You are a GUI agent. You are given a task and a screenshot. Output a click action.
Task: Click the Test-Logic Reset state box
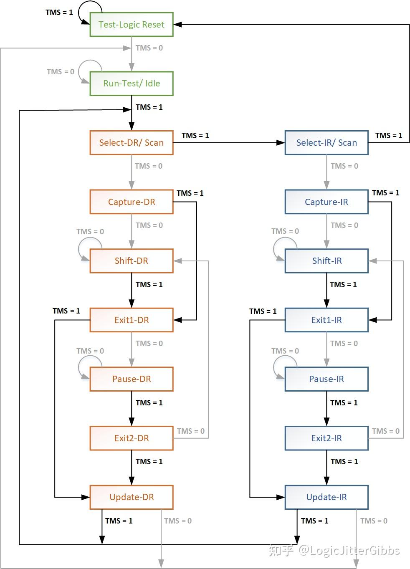(132, 25)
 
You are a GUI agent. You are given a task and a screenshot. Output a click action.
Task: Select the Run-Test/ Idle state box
(132, 83)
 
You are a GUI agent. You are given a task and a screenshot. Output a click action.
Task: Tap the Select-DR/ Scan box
(132, 143)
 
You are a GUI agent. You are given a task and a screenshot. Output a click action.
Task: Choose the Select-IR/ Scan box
(326, 143)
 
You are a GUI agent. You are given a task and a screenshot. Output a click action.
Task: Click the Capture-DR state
(132, 202)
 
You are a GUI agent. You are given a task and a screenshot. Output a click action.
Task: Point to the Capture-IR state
(326, 202)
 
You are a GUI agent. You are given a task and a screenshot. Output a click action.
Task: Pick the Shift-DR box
(132, 261)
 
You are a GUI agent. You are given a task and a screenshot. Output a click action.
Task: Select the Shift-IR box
(326, 261)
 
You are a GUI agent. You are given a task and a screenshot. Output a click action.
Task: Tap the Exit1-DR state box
(132, 320)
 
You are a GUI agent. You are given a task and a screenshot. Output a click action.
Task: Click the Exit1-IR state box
(326, 320)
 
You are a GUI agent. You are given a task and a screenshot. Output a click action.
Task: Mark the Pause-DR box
(132, 379)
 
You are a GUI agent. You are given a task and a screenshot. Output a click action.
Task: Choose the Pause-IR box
(326, 379)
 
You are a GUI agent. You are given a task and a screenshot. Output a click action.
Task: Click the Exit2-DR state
(132, 438)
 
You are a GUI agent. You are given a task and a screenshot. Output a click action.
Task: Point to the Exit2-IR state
(326, 438)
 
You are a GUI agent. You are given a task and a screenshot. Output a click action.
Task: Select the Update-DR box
(132, 497)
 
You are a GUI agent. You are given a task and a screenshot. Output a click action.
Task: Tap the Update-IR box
(326, 497)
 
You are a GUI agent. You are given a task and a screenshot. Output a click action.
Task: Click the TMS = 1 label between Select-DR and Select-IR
(195, 136)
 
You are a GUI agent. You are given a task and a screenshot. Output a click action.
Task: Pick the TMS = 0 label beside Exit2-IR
(385, 431)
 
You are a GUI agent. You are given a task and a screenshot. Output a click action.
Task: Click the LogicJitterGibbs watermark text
(349, 551)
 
